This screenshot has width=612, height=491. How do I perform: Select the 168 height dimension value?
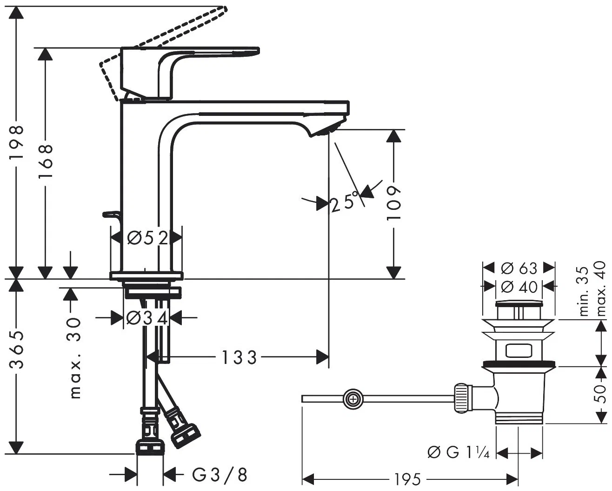pyautogui.click(x=45, y=158)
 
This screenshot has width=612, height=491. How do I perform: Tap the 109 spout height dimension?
pyautogui.click(x=394, y=203)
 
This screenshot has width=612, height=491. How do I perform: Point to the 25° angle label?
pyautogui.click(x=344, y=203)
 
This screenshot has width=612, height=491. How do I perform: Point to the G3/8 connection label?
pyautogui.click(x=220, y=475)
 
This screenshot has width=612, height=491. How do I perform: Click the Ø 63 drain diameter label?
pyautogui.click(x=519, y=268)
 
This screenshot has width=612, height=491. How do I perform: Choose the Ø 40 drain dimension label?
pyautogui.click(x=519, y=287)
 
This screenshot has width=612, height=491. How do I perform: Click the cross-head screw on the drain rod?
pyautogui.click(x=353, y=399)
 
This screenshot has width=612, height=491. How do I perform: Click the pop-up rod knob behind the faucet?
pyautogui.click(x=110, y=214)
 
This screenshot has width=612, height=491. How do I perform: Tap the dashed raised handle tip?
pyautogui.click(x=224, y=9)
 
